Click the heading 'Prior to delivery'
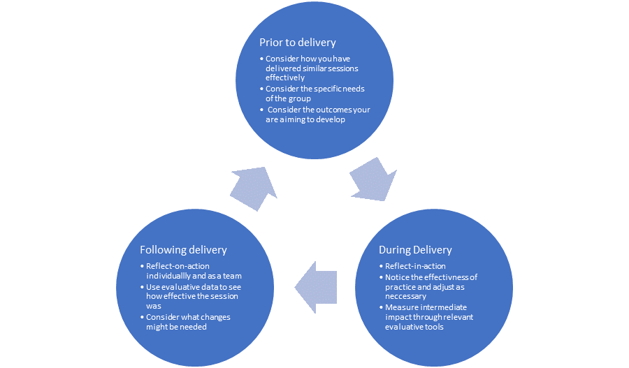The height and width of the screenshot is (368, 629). click(298, 43)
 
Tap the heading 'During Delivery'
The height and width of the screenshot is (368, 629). click(415, 250)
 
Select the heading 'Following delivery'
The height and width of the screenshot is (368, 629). click(183, 250)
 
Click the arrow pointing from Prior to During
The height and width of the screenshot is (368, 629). click(373, 179)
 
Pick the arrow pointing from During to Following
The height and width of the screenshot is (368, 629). click(316, 286)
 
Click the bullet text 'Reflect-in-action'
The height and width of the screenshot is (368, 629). click(415, 266)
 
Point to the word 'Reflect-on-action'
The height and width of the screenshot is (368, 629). click(178, 266)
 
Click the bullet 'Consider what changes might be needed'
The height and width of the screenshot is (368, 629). click(187, 322)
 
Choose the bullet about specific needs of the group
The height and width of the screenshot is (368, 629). click(314, 94)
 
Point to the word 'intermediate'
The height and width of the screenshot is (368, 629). click(443, 307)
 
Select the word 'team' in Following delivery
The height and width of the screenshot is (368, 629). click(233, 277)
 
